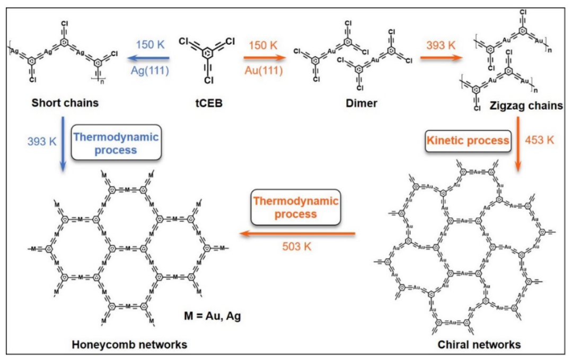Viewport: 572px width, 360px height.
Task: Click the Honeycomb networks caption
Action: [x=129, y=345]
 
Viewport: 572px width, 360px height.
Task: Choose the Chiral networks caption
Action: [x=479, y=345]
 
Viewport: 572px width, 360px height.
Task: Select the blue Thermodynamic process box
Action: [x=116, y=143]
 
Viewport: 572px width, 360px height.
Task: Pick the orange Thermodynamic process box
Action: [x=295, y=208]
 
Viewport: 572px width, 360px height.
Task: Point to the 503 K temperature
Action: [x=296, y=246]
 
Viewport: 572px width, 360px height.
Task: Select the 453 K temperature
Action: [x=540, y=141]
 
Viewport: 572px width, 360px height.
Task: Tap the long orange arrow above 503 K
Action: [x=297, y=233]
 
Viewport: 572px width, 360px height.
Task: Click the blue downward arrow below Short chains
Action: [x=63, y=143]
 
